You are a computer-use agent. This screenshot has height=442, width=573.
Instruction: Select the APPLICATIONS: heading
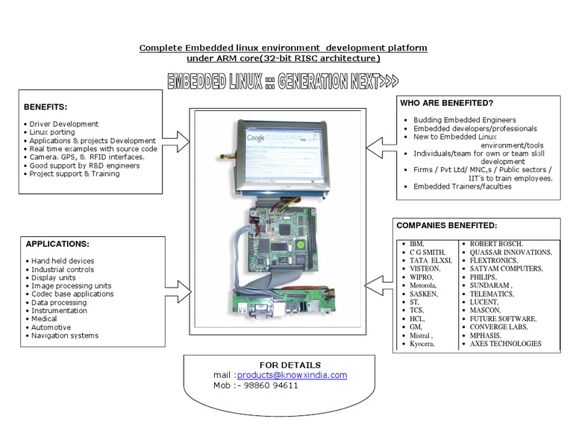click(57, 244)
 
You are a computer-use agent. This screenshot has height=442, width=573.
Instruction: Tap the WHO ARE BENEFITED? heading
click(447, 102)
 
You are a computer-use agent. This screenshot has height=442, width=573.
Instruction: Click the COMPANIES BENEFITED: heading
click(447, 224)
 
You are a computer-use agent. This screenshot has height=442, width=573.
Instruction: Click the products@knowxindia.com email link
click(292, 375)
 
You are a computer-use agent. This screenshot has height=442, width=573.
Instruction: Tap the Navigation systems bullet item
click(64, 335)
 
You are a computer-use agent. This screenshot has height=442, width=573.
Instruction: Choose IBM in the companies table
click(416, 244)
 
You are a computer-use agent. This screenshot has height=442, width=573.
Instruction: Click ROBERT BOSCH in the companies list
click(496, 244)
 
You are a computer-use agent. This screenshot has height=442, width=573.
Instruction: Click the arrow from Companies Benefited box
click(378, 282)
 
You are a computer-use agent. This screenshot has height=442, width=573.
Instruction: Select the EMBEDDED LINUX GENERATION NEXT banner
click(282, 81)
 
